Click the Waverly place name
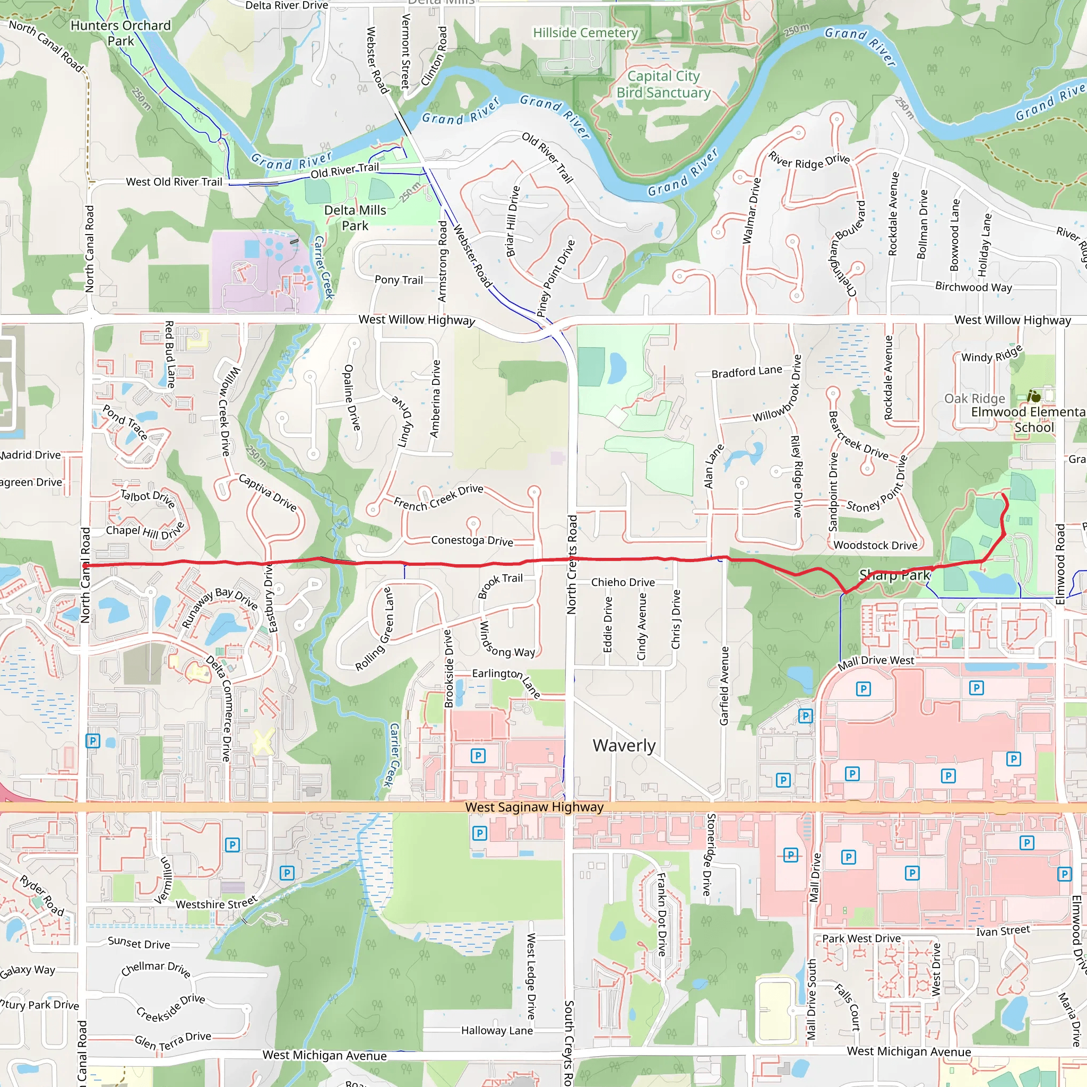624,746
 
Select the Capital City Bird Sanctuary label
663,84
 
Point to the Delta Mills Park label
355,218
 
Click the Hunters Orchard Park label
120,33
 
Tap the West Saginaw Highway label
534,807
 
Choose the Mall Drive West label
875,662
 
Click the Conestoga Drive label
472,540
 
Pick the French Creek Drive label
438,497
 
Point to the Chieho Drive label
623,582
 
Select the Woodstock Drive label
875,545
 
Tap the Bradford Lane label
747,372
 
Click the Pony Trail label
399,280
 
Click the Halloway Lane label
497,1030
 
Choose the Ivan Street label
1003,931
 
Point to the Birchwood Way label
973,287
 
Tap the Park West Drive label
861,938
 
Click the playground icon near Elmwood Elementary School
1033,396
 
